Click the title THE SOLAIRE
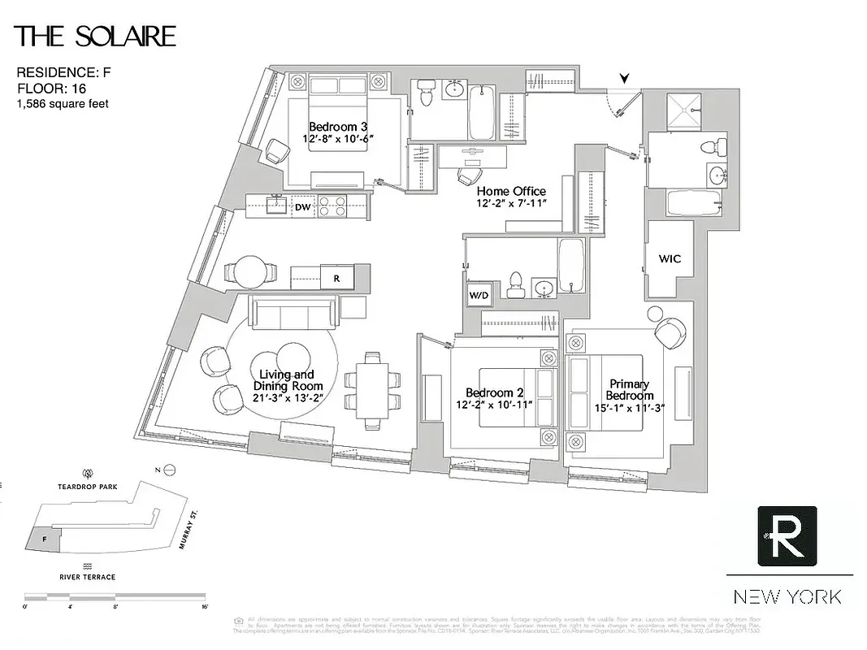pos(95,37)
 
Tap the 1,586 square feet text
pos(63,104)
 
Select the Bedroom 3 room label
pos(333,127)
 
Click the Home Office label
pos(511,192)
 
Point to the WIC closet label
pos(670,259)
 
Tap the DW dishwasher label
pos(302,207)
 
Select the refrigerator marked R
pos(336,276)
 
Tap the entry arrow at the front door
pos(624,78)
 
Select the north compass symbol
pos(169,470)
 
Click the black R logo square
pos(787,535)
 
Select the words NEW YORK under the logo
pos(787,597)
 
